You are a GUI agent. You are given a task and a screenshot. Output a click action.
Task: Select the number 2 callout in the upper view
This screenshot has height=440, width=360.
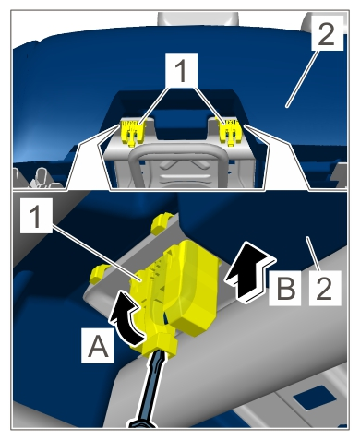coord(327,33)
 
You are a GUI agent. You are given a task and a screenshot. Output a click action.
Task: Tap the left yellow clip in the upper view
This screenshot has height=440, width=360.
coord(133,132)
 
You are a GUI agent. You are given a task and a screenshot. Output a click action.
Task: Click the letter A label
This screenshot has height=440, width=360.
coord(98,345)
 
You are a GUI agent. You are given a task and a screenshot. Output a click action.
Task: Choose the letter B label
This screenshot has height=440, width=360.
coord(285,288)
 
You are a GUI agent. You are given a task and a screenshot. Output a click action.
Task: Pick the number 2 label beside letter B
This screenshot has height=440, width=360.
coord(325,288)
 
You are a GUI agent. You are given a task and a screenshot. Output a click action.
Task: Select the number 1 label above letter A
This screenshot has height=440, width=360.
coord(36,215)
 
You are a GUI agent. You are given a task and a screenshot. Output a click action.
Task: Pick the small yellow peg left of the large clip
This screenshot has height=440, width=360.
coord(99,273)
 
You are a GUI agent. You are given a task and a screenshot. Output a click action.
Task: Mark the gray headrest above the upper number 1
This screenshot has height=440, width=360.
coord(198,18)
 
